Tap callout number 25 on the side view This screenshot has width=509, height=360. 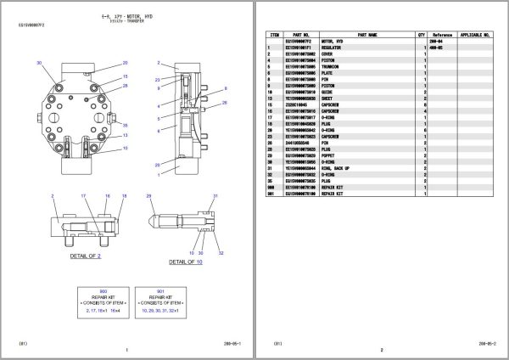(157, 165)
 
